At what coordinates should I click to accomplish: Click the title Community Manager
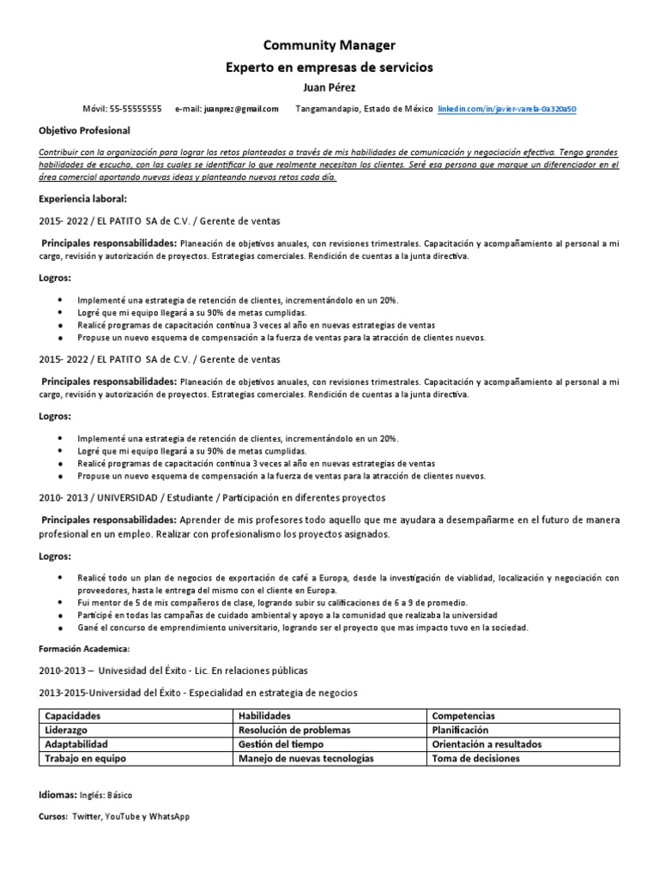329,45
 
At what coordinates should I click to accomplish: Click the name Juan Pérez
329,87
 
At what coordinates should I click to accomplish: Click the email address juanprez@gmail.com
240,109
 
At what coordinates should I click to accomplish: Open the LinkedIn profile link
507,109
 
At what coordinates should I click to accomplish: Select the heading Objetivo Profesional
85,130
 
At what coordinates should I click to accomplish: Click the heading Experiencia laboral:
82,198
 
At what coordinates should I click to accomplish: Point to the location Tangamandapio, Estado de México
364,109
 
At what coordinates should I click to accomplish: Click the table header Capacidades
73,715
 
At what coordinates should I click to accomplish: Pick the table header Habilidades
264,715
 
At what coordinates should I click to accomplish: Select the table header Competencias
463,715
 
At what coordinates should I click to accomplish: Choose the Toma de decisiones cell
475,759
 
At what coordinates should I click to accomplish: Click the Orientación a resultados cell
487,744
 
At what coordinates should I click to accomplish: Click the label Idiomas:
58,796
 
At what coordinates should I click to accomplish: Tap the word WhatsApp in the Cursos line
169,817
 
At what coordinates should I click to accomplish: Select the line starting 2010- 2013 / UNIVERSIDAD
212,497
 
